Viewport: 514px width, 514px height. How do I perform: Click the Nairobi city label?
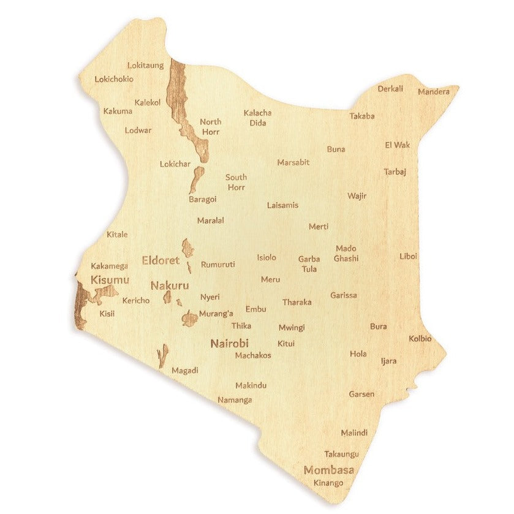point(229,344)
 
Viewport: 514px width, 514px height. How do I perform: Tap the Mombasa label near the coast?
point(329,471)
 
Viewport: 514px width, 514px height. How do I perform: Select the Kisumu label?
point(110,280)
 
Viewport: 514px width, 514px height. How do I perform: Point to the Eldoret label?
point(161,260)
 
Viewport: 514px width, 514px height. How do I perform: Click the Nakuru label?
point(170,285)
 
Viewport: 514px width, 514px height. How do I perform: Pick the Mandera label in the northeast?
point(434,92)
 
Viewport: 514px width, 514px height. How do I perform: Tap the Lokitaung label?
point(145,65)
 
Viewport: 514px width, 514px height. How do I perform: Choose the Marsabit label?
point(293,162)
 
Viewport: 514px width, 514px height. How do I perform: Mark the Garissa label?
point(344,295)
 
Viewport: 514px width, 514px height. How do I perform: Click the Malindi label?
point(354,433)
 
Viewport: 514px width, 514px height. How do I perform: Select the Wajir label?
point(357,196)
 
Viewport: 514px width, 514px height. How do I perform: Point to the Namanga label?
point(235,400)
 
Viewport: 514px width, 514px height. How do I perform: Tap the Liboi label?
point(409,256)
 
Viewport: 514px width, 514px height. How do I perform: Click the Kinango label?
point(328,483)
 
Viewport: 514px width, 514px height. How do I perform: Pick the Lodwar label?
point(138,130)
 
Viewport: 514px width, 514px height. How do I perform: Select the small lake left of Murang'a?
point(189,319)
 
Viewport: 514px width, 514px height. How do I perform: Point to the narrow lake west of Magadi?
point(162,355)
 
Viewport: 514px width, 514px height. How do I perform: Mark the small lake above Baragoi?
point(196,180)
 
